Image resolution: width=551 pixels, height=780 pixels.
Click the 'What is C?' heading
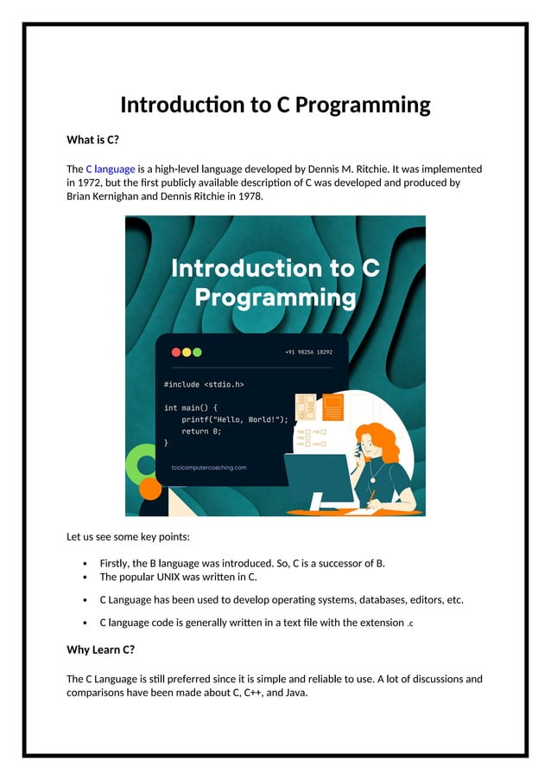92,139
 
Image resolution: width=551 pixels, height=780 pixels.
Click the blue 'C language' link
110,169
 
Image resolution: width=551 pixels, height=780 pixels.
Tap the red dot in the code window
176,352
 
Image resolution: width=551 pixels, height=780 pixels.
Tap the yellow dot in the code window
187,352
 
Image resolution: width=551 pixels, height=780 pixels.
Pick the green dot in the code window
197,352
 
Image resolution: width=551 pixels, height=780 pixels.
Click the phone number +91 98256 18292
308,352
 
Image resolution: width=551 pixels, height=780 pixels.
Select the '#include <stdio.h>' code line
204,385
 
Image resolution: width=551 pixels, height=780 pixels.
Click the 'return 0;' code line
201,431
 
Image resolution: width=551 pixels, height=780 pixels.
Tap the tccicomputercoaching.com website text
209,468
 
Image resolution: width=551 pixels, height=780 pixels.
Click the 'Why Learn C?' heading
100,649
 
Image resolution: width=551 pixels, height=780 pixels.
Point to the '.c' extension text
410,623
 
